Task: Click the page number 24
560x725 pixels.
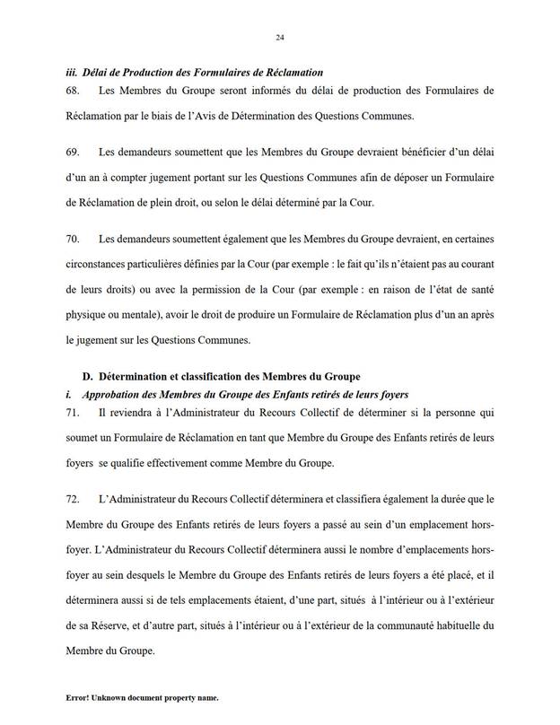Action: tap(280, 37)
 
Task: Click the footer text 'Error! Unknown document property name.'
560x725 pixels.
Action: tap(142, 697)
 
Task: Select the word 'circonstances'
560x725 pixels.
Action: tap(103, 266)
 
